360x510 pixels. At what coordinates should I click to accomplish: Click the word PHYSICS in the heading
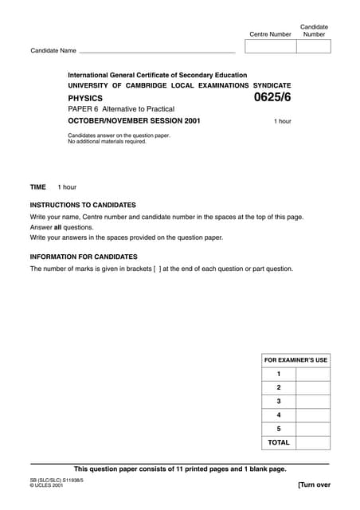pos(85,98)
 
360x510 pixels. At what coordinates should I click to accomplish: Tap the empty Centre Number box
pos(271,46)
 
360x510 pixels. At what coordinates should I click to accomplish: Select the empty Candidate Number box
pos(313,46)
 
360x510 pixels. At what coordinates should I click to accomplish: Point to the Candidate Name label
pos(53,51)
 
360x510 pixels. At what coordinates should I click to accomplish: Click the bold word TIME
pos(38,187)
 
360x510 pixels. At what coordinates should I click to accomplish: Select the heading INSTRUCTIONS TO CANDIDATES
pos(83,205)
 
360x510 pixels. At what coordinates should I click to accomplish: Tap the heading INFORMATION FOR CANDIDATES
pos(84,257)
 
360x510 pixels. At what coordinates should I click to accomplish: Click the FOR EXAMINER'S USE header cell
pos(295,360)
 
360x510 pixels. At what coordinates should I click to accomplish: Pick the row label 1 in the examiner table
pos(279,374)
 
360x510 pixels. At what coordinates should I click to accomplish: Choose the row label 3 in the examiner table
pos(279,401)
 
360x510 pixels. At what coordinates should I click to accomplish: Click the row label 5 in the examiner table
pos(279,429)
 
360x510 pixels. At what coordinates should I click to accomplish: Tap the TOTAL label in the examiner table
pos(279,442)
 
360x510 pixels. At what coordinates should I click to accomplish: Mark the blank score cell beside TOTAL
pos(313,442)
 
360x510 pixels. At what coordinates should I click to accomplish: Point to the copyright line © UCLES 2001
pos(47,485)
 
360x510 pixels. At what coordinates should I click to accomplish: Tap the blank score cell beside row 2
pos(313,387)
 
